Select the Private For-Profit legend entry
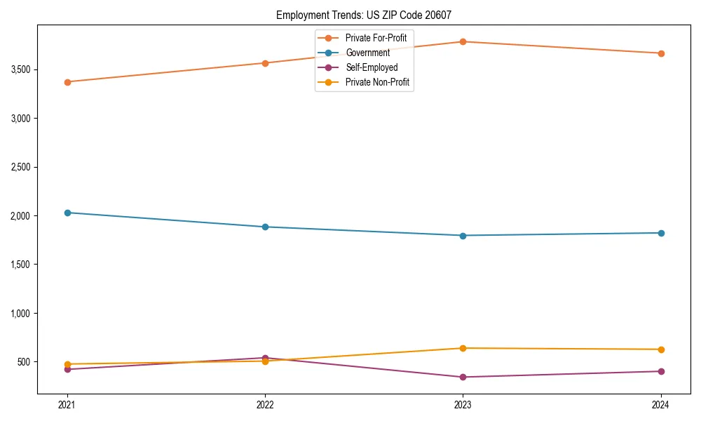[x=376, y=37]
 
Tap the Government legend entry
[x=367, y=53]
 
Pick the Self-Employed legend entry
[x=371, y=67]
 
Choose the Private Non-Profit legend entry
[x=377, y=83]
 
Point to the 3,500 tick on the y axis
[x=20, y=69]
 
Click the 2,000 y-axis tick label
[x=20, y=215]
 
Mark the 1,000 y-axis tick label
[x=20, y=313]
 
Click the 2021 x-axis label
[x=67, y=405]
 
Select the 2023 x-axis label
[x=463, y=405]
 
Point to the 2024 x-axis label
[x=661, y=405]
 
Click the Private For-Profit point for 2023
[x=463, y=42]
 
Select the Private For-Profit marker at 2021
[x=67, y=82]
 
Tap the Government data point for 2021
[x=67, y=213]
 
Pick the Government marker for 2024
[x=661, y=233]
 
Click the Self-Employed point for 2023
[x=463, y=377]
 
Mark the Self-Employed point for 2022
[x=265, y=358]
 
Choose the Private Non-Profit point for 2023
[x=463, y=348]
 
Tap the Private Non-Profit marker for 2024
[x=661, y=349]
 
